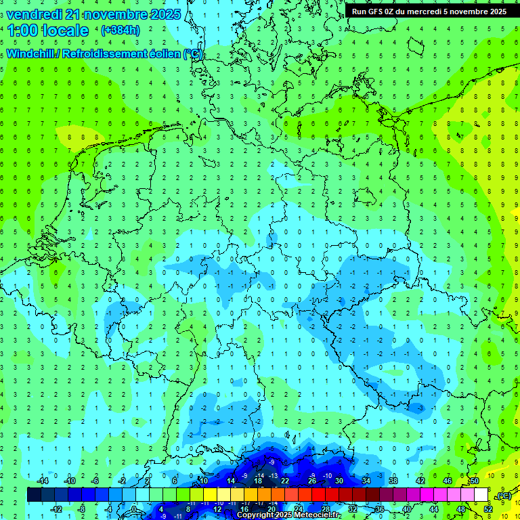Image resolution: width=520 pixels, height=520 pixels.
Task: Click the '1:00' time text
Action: click(23, 30)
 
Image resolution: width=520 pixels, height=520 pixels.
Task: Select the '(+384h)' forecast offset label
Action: click(120, 30)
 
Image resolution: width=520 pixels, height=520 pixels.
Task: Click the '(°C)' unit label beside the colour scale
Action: click(503, 496)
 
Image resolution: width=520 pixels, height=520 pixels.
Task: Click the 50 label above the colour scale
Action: click(475, 481)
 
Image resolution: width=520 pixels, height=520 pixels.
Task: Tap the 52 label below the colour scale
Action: click(488, 508)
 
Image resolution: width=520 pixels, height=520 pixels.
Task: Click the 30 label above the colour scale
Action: click(339, 481)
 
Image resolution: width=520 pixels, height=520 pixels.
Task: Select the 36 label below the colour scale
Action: click(380, 508)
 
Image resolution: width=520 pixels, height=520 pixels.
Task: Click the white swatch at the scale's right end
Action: click(481, 495)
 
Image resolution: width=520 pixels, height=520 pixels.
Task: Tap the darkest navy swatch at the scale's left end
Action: click(34, 495)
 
